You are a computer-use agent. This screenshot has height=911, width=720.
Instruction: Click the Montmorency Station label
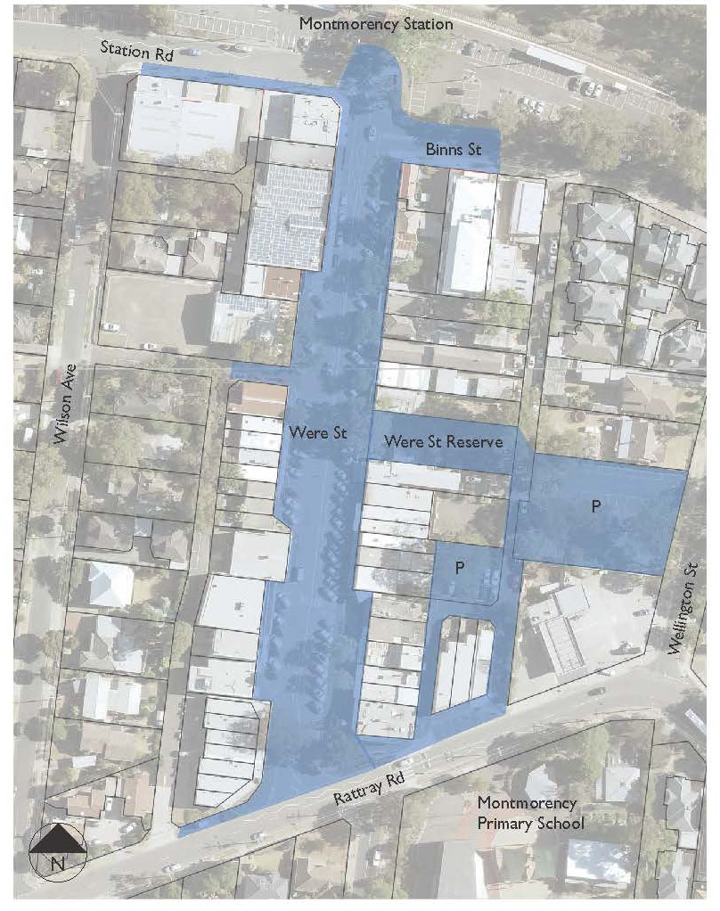tap(375, 24)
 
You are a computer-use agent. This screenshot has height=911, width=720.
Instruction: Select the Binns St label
tap(453, 150)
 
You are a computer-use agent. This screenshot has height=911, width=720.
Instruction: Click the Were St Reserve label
tap(443, 441)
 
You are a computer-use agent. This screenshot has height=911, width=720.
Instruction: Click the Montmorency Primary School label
tap(531, 813)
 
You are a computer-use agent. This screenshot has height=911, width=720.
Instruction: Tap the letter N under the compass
tap(58, 863)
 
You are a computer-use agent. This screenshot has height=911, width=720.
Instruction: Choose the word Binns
tap(443, 150)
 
